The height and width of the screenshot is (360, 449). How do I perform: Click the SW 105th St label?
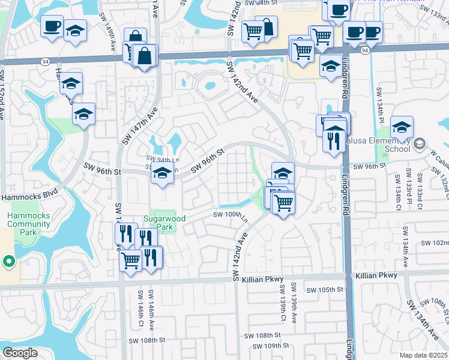pos(324,290)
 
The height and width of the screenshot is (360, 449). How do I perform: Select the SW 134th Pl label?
pos(379,103)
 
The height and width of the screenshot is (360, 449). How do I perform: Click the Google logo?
pos(20,353)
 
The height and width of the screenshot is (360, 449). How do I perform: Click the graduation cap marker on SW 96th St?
pos(161,173)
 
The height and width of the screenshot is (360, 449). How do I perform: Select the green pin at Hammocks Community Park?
pos(8,261)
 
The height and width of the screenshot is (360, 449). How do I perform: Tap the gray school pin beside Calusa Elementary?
pos(418,143)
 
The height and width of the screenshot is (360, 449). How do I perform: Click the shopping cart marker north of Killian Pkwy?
pos(131,260)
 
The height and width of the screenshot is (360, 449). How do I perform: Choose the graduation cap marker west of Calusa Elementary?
pos(402,127)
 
